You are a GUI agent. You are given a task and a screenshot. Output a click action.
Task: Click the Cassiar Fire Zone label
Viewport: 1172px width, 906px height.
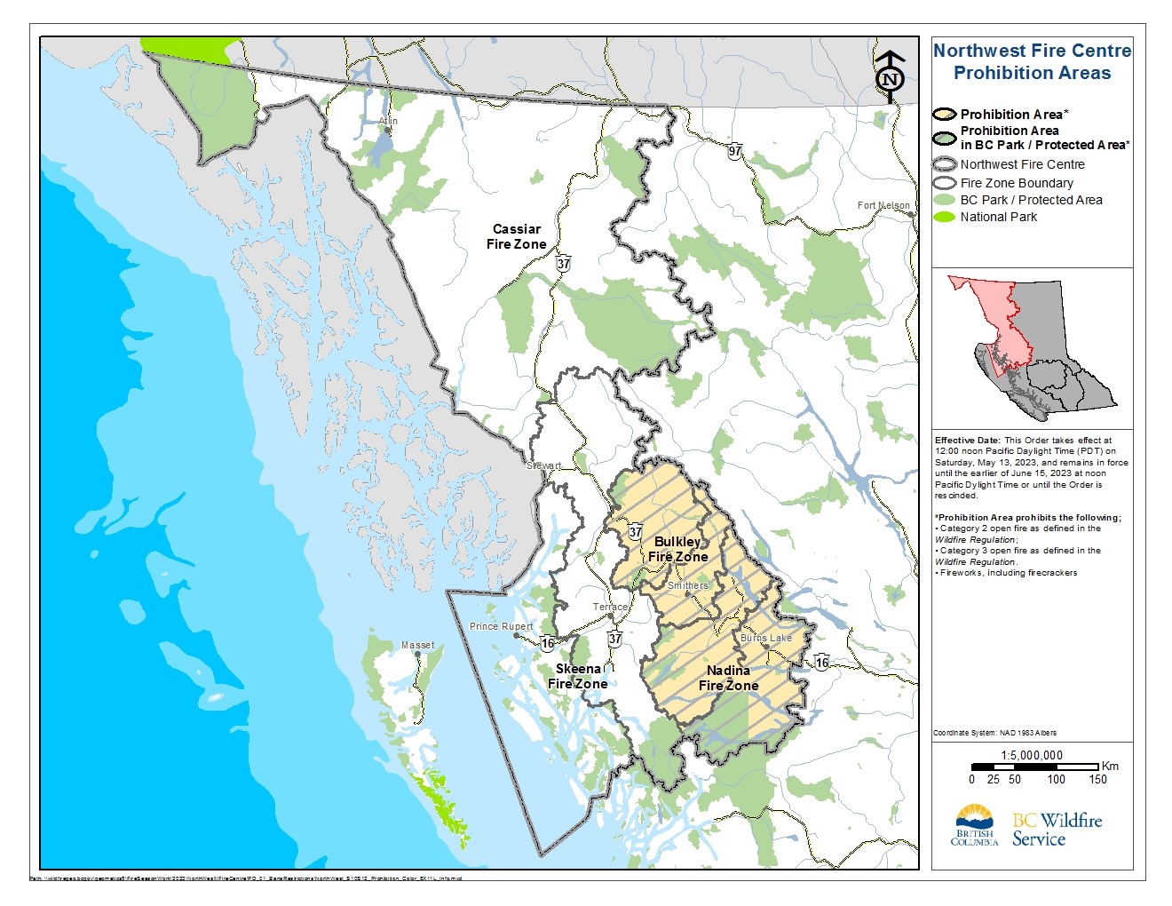point(516,236)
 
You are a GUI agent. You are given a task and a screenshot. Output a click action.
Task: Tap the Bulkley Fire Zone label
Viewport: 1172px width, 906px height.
point(677,549)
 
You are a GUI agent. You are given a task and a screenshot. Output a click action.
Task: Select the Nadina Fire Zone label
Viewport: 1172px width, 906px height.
point(728,678)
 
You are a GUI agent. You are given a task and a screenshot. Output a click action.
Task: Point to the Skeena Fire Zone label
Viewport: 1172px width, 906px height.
point(578,676)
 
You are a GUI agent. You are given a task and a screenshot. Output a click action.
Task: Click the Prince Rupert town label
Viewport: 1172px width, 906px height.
point(501,626)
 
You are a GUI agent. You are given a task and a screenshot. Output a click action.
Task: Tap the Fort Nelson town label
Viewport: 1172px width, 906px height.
point(883,205)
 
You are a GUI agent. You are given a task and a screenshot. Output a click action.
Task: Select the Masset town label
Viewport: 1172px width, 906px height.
point(417,645)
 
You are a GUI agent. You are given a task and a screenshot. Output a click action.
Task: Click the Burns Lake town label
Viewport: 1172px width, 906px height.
point(765,638)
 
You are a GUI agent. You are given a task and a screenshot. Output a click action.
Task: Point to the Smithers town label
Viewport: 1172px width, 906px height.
point(687,585)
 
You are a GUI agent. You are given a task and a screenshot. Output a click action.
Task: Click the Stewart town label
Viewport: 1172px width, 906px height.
point(543,465)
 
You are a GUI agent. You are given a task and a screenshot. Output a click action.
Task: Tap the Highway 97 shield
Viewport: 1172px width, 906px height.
point(734,151)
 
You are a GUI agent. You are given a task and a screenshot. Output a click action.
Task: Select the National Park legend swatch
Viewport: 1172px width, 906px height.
point(944,217)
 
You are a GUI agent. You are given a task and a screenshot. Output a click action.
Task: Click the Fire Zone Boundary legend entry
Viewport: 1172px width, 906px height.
point(1016,183)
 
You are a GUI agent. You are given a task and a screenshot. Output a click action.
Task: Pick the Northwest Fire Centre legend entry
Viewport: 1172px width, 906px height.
point(1021,164)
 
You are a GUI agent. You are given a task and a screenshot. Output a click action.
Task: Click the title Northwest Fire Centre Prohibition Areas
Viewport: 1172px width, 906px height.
point(1032,62)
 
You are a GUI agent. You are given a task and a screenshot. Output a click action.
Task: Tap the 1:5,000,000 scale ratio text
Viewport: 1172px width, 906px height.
point(1031,755)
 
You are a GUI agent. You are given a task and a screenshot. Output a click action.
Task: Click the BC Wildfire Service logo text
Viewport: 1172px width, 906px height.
point(1057,829)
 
